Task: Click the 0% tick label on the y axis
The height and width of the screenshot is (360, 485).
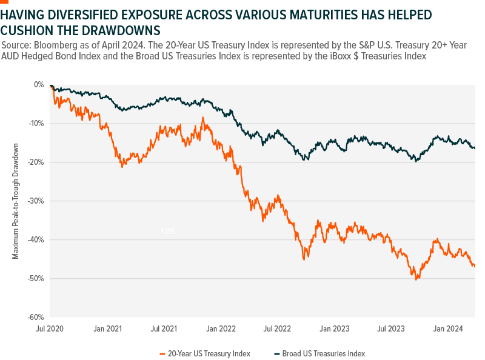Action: [39, 85]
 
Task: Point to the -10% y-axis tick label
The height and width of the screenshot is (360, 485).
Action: [37, 124]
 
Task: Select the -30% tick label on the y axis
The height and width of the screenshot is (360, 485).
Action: [37, 201]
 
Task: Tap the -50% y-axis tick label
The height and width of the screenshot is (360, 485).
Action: [37, 279]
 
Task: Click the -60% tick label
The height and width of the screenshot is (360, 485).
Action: [37, 318]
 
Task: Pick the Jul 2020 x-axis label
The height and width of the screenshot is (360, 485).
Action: [50, 329]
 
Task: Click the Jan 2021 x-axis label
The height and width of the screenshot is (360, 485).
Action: [108, 329]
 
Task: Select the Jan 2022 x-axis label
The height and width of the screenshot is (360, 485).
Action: [221, 329]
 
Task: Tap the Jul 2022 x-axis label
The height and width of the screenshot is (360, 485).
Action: [277, 329]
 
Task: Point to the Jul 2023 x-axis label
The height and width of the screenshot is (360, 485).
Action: [390, 329]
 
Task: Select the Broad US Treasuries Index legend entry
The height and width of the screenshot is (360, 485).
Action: [325, 353]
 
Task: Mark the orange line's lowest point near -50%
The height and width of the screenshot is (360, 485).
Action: [416, 279]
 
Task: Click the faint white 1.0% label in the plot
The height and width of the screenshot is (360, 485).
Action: [168, 231]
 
